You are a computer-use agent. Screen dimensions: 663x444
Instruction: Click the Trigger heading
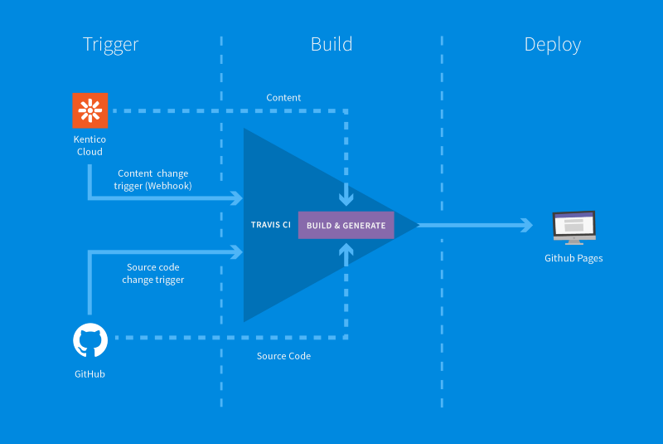tap(111, 45)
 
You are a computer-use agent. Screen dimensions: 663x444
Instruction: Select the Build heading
tap(331, 44)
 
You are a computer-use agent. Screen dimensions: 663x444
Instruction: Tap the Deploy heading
tap(553, 45)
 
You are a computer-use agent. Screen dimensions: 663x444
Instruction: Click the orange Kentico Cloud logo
tap(90, 110)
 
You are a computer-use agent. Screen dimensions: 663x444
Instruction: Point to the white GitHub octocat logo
tap(90, 340)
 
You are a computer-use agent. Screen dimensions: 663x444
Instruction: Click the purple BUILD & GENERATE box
tap(346, 225)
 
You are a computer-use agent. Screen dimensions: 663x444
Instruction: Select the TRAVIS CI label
tap(271, 225)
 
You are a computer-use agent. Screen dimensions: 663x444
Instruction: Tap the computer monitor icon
tap(574, 227)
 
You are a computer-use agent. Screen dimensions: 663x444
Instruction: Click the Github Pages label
tap(573, 258)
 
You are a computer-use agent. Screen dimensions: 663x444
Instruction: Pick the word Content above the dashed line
tap(283, 98)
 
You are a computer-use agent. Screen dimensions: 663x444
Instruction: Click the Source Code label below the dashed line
tap(283, 356)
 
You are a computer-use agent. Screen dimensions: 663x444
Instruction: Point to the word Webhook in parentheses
tap(169, 186)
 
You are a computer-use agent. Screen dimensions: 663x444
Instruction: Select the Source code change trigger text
tap(153, 273)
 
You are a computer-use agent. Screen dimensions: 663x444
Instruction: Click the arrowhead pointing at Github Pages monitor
tap(526, 225)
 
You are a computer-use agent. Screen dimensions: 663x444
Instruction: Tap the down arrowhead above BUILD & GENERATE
tap(346, 198)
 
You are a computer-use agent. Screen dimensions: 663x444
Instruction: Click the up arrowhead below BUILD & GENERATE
tap(346, 249)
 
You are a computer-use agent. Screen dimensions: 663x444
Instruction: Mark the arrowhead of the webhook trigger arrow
tap(237, 198)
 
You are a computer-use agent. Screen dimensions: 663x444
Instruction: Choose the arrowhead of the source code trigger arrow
tap(237, 251)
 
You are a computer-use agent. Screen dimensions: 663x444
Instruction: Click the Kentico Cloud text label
tap(90, 145)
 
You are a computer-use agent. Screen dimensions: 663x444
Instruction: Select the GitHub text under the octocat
tap(90, 374)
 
